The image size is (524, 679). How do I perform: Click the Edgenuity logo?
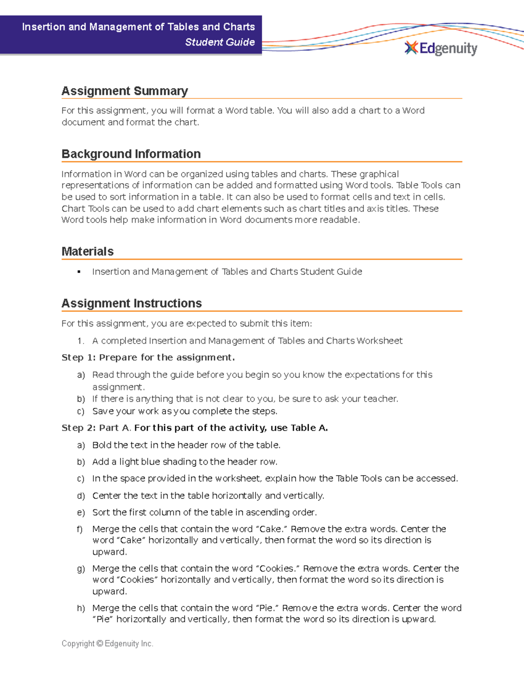pyautogui.click(x=441, y=49)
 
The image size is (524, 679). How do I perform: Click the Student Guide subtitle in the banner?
pyautogui.click(x=220, y=42)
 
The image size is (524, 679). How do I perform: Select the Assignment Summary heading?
pyautogui.click(x=124, y=91)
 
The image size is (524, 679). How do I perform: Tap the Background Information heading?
pyautogui.click(x=131, y=154)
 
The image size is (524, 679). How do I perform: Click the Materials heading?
pyautogui.click(x=87, y=251)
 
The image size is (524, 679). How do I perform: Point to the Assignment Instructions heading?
pyautogui.click(x=131, y=303)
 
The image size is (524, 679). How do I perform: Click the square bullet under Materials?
pyautogui.click(x=79, y=272)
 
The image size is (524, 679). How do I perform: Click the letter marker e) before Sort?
pyautogui.click(x=81, y=512)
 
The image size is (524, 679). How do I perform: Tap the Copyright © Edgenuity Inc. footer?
pyautogui.click(x=107, y=644)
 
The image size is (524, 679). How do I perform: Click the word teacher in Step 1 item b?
pyautogui.click(x=380, y=399)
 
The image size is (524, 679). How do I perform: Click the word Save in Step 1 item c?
pyautogui.click(x=103, y=411)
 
